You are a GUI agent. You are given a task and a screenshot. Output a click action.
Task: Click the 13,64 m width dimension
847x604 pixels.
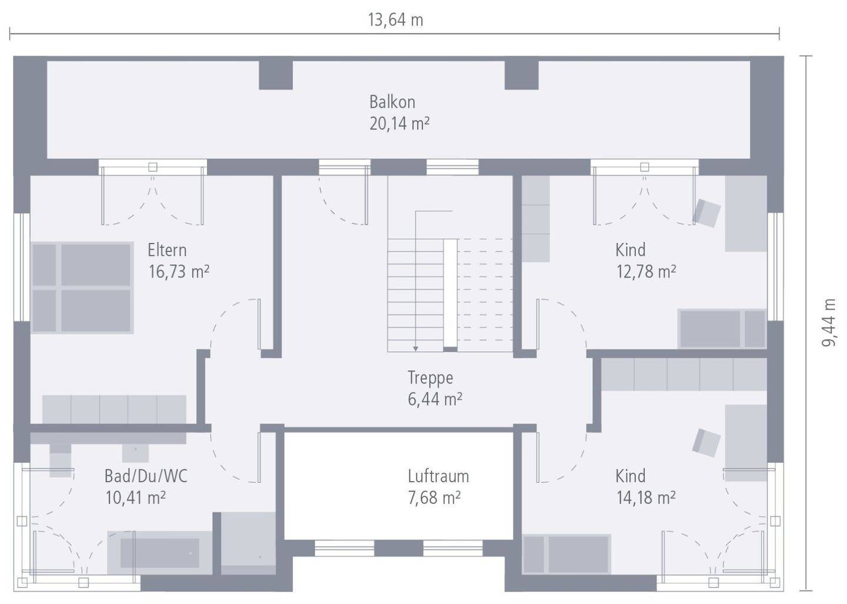395,20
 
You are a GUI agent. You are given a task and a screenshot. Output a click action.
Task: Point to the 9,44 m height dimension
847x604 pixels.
829,322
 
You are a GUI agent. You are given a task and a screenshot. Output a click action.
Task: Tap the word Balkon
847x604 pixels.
392,102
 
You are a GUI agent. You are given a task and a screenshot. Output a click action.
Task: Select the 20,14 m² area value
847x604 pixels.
399,124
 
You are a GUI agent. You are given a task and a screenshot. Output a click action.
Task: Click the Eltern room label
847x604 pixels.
167,250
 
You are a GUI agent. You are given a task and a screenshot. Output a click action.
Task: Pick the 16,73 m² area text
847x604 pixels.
178,271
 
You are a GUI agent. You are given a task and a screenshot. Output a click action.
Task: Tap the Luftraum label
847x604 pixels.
438,476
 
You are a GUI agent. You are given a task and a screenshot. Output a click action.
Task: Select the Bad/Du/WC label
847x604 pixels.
146,476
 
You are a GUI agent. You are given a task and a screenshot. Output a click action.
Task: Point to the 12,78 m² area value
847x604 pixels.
646,271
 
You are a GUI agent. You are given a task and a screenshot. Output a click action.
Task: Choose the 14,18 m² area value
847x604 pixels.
646,498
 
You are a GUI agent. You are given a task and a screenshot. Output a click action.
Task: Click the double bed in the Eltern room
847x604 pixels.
82,288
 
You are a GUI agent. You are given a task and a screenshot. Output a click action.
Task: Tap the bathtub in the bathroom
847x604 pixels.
159,553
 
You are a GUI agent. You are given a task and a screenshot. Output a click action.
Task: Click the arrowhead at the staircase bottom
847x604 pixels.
415,349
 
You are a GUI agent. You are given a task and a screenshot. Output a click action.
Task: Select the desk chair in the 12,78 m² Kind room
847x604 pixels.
706,213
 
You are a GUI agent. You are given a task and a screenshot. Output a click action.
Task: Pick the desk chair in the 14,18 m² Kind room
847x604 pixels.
706,443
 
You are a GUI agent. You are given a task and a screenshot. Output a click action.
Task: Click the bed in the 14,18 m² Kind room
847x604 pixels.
566,555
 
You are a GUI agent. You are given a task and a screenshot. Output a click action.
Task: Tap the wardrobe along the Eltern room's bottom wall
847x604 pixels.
114,409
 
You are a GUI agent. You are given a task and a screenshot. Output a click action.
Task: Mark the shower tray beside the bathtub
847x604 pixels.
248,543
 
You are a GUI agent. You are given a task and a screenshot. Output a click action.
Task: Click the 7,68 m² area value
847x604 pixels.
434,498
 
